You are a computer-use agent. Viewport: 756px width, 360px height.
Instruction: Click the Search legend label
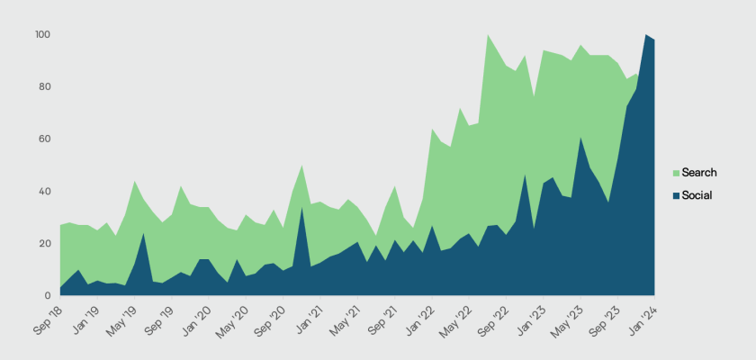coord(699,172)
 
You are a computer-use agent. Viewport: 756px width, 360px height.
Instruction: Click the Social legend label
coord(697,195)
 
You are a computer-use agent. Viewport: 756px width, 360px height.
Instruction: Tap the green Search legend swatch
coord(676,172)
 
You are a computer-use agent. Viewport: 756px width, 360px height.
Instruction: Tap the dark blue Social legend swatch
coord(676,195)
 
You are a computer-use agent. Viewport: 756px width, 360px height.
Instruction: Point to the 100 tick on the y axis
coord(43,34)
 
